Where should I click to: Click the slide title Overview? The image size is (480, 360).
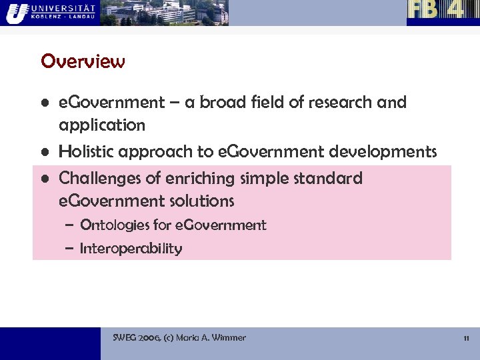coord(83,61)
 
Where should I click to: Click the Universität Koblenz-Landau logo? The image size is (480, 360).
coord(50,12)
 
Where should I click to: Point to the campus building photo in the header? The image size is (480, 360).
coord(164,12)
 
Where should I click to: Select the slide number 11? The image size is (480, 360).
coord(467,338)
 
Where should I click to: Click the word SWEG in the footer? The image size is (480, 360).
coord(125,338)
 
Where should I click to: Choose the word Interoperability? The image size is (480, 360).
coord(131,249)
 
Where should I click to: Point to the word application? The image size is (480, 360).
coord(102,125)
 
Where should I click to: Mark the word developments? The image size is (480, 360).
coord(383,151)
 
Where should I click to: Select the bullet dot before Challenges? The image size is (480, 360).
coord(44,179)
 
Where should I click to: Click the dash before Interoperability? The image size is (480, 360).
coord(69,249)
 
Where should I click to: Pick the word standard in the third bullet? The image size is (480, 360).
coord(329,179)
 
